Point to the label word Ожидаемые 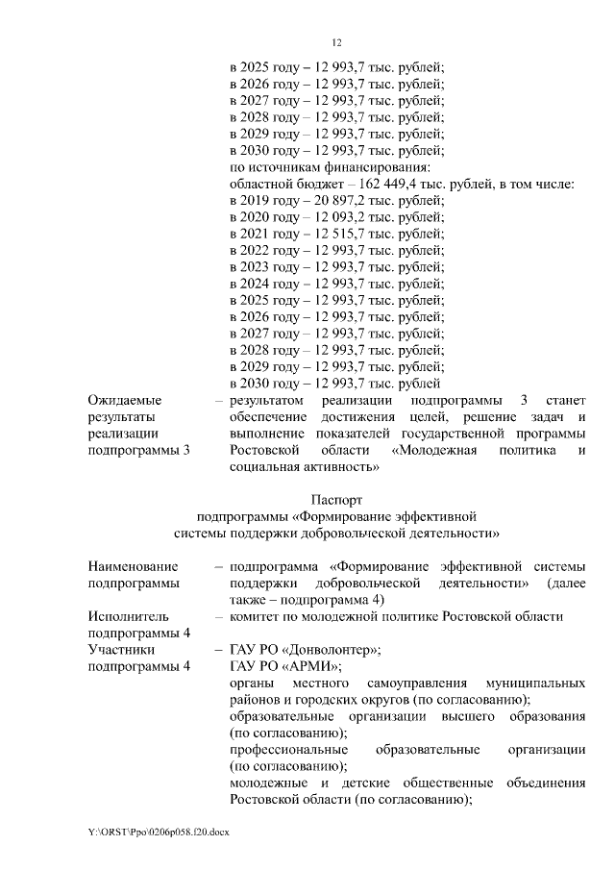(x=124, y=399)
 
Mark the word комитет (x=258, y=616)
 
